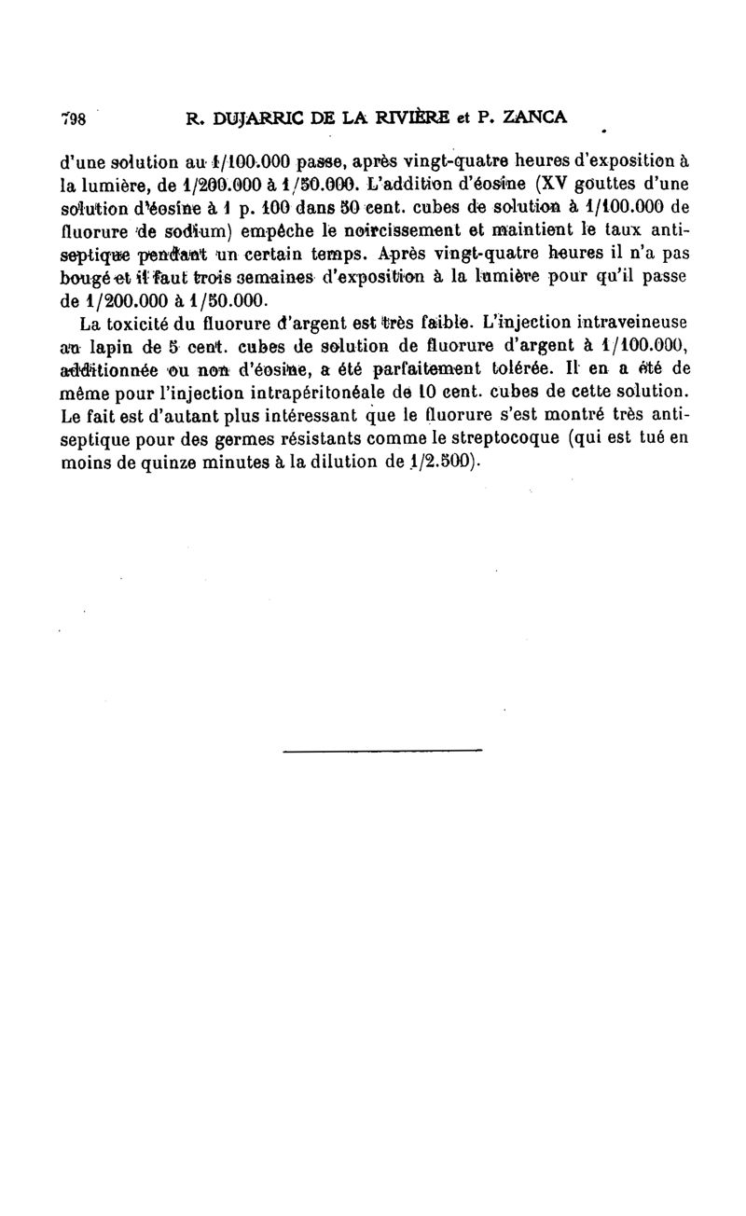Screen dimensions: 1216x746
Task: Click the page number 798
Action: [74, 118]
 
